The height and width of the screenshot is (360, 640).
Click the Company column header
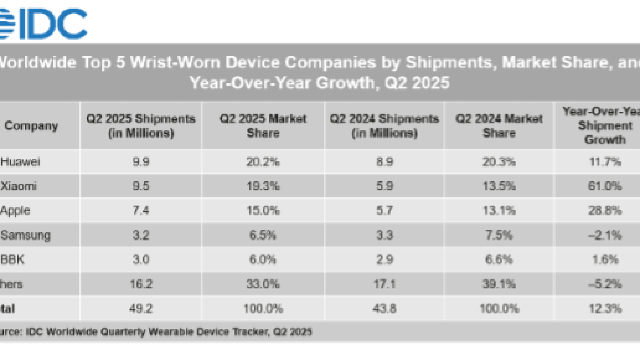pyautogui.click(x=31, y=126)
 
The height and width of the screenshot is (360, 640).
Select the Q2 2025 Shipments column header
pyautogui.click(x=141, y=126)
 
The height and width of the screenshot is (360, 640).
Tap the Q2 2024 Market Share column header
pyautogui.click(x=499, y=126)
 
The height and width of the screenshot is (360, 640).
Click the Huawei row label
pyautogui.click(x=20, y=162)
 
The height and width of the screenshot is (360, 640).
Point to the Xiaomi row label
pyautogui.click(x=19, y=186)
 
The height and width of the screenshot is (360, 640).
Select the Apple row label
pyautogui.click(x=15, y=211)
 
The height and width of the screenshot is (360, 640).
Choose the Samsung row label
pyautogui.click(x=26, y=235)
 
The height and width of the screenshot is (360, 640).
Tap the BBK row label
pyautogui.click(x=13, y=260)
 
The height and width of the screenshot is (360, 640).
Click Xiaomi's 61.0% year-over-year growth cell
pyautogui.click(x=605, y=186)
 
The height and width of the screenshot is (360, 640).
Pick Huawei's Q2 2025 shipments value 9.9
pyautogui.click(x=141, y=162)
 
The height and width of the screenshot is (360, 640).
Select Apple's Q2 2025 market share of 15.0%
pyautogui.click(x=263, y=211)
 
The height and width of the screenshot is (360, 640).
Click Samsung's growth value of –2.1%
pyautogui.click(x=605, y=235)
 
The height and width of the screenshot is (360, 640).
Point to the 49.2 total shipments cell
pyautogui.click(x=141, y=309)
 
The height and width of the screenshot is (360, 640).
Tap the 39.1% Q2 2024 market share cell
pyautogui.click(x=499, y=284)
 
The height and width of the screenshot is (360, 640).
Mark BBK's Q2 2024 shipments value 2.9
pyautogui.click(x=385, y=260)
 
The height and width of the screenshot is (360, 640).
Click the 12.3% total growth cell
pyautogui.click(x=605, y=309)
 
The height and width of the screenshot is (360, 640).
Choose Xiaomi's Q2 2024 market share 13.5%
pyautogui.click(x=499, y=186)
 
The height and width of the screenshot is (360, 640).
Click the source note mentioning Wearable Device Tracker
pyautogui.click(x=157, y=332)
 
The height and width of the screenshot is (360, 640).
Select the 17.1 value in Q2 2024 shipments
pyautogui.click(x=385, y=284)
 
